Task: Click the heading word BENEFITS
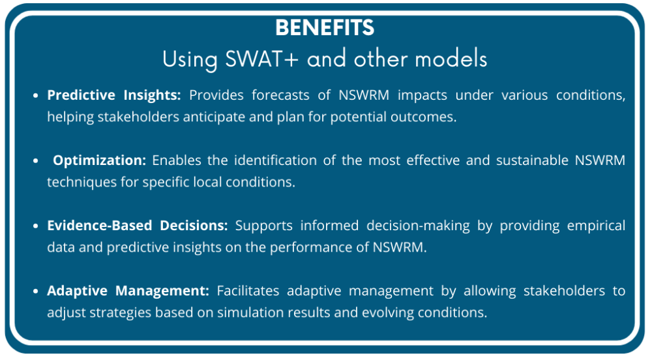(x=325, y=28)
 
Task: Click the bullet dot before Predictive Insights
(x=36, y=95)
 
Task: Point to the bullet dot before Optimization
(x=36, y=160)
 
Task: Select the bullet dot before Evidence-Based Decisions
(x=36, y=226)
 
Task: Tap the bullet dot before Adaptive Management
(x=36, y=291)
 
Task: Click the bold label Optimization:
(x=100, y=160)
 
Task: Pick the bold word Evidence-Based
(x=96, y=226)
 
